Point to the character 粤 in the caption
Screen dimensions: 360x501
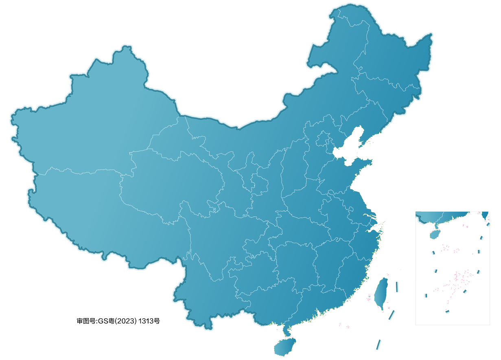click(x=112, y=321)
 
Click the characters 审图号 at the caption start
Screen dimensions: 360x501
click(x=85, y=321)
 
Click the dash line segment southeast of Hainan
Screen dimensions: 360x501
click(x=378, y=345)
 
